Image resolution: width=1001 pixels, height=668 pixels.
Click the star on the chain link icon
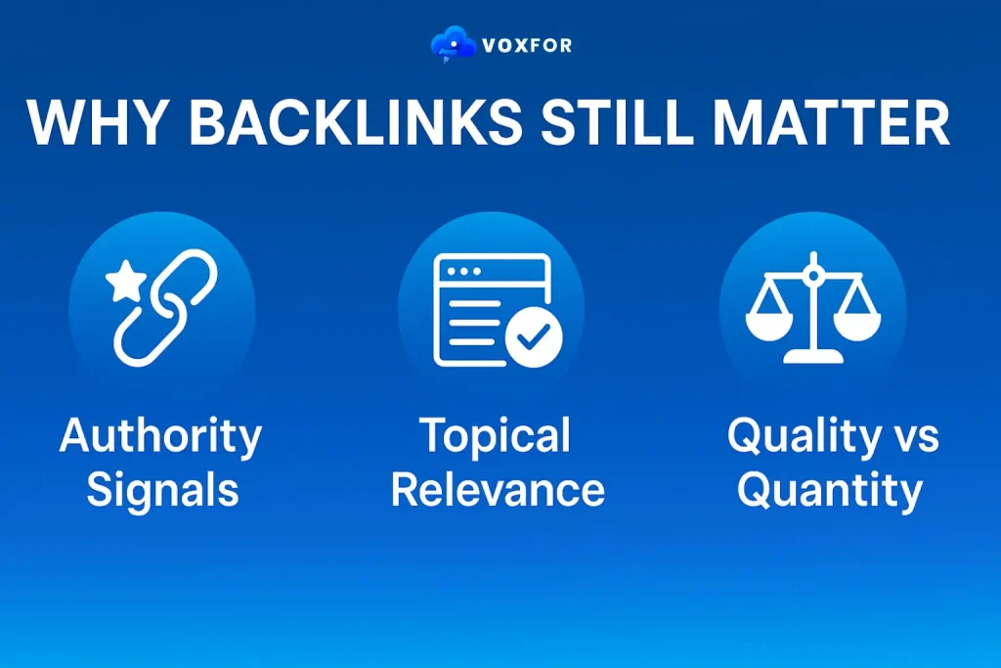click(125, 285)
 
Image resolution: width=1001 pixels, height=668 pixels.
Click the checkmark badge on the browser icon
click(533, 337)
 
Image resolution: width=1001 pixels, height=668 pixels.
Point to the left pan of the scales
click(767, 321)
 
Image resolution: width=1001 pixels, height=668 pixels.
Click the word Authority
click(160, 436)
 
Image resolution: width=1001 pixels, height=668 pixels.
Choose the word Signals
click(162, 489)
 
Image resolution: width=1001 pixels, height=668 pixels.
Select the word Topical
click(496, 436)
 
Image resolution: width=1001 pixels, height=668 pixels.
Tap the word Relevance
click(498, 489)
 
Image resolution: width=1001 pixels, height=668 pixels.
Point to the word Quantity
click(829, 489)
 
